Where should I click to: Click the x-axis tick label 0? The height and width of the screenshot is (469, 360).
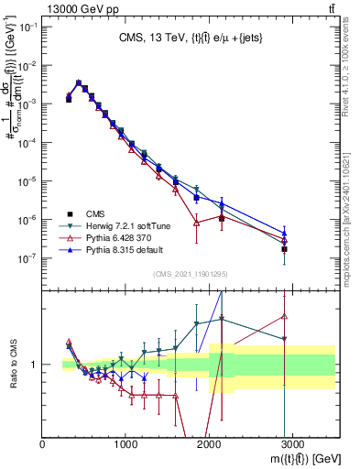(43, 443)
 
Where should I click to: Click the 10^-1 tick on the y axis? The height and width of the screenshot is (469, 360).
(27, 27)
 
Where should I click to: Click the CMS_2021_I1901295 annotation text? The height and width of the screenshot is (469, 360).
(190, 274)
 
